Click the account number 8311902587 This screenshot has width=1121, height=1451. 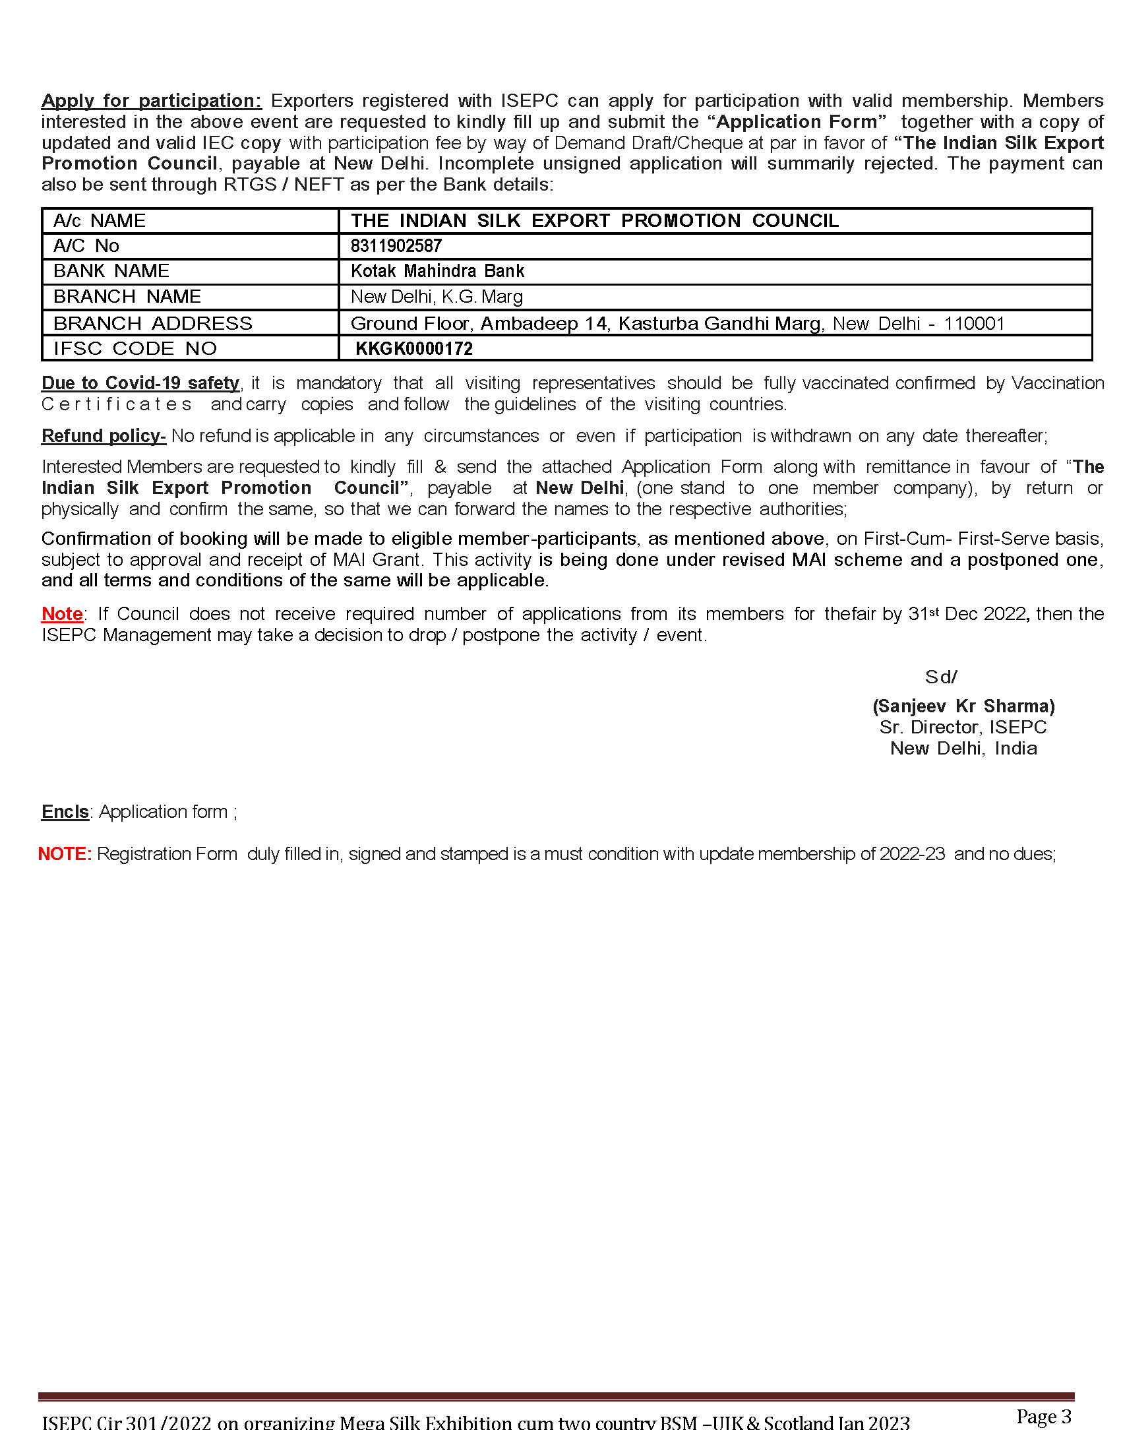point(396,246)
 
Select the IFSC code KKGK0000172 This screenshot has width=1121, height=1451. point(413,348)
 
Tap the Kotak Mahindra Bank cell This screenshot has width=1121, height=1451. point(437,271)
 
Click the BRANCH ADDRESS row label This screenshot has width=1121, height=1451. point(153,323)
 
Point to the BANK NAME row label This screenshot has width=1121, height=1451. point(111,271)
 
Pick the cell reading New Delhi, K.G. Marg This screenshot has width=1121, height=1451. point(437,296)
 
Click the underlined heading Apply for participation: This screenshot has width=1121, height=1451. point(152,100)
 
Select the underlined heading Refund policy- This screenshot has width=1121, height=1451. point(104,435)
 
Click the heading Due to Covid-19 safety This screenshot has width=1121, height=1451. point(140,383)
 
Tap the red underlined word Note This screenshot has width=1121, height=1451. point(62,613)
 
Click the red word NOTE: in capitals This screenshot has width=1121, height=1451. point(65,853)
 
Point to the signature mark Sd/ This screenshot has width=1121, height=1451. point(941,677)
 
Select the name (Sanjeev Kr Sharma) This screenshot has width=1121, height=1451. point(963,706)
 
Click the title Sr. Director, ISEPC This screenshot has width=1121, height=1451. point(963,727)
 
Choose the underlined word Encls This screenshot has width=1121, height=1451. point(65,811)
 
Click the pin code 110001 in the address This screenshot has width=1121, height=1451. point(973,324)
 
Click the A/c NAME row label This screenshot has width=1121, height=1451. point(99,220)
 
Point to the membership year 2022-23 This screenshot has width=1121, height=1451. point(912,853)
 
